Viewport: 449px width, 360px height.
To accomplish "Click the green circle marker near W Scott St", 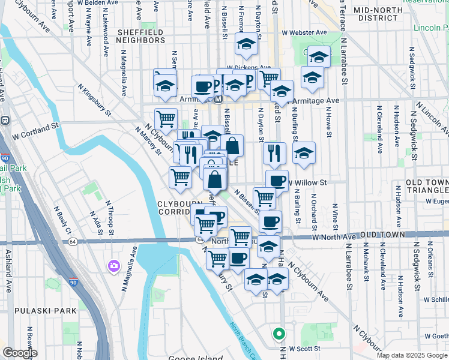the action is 278,333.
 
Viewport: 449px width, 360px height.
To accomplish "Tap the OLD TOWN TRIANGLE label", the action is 426,187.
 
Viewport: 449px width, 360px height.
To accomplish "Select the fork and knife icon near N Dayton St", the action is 274,152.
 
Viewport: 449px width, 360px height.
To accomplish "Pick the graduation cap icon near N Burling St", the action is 304,152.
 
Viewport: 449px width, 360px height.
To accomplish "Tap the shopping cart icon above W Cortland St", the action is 165,118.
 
